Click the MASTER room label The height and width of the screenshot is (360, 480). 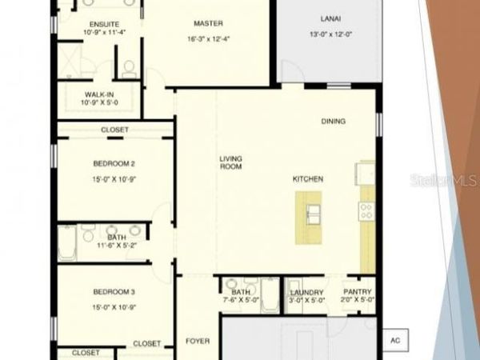(208, 23)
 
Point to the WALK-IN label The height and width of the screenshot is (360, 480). (100, 94)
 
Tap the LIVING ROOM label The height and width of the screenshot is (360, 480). (231, 162)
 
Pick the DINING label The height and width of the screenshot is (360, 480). (334, 122)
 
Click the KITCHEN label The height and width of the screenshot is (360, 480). (308, 179)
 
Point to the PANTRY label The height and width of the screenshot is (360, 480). (357, 293)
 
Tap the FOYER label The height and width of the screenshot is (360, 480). (198, 342)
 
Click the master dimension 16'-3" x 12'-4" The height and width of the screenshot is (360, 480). (208, 38)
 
